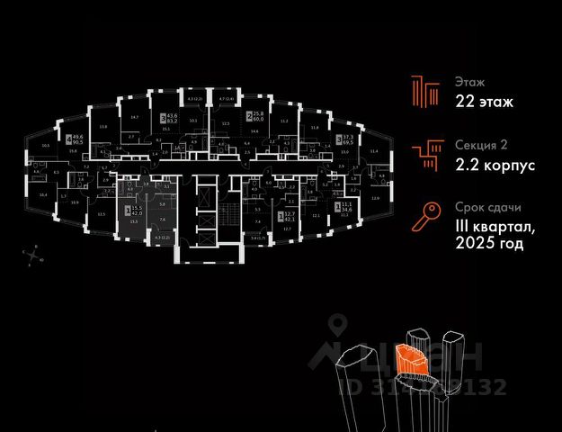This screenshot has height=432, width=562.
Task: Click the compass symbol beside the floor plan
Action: pos(34,256)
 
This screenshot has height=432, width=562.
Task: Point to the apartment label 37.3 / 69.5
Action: pos(344,140)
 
